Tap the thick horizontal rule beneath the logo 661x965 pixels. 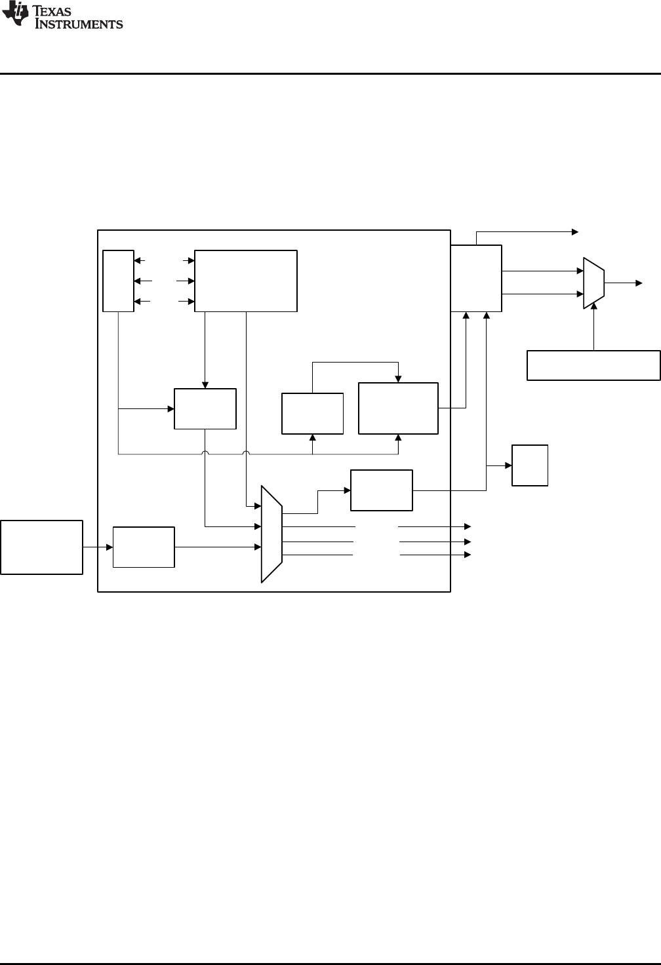330,73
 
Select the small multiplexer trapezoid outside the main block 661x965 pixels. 593,283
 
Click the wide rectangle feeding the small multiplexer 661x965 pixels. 593,365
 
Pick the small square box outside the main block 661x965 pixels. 529,465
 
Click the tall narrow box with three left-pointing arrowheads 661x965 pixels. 119,281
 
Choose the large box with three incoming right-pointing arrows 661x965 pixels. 246,281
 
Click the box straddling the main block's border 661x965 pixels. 476,279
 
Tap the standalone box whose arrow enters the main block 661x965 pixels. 42,547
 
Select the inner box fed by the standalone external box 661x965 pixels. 144,547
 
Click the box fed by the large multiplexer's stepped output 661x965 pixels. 382,490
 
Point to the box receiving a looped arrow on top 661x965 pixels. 398,408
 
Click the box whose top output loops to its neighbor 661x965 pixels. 312,413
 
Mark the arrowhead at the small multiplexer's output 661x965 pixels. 639,283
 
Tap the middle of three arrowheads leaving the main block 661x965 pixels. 468,542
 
